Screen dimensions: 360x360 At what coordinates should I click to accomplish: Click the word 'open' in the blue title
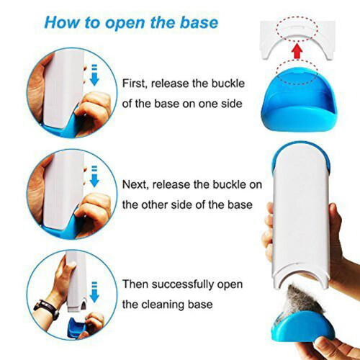(126, 23)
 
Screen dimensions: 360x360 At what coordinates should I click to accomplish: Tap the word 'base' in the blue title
(199, 22)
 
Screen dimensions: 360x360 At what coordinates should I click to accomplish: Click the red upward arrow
(297, 50)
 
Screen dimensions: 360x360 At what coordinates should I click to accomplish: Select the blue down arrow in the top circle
(94, 75)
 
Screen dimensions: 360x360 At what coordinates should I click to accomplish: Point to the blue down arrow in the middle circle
(94, 176)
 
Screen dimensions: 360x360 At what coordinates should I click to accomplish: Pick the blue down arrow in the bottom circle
(94, 292)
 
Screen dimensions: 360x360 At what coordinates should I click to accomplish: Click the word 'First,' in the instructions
(135, 84)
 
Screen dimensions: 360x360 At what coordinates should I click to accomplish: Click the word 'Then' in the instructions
(135, 284)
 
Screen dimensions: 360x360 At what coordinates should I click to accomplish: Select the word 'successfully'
(183, 285)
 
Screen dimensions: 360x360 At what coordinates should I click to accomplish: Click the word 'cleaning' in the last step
(163, 305)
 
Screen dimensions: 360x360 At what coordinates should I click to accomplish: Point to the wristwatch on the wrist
(47, 309)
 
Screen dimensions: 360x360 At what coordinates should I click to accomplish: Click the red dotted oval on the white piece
(297, 28)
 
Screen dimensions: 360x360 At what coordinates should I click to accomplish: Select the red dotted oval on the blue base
(297, 72)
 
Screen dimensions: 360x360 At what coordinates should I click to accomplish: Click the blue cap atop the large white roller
(302, 153)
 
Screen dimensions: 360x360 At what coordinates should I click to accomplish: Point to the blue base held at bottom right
(302, 327)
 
